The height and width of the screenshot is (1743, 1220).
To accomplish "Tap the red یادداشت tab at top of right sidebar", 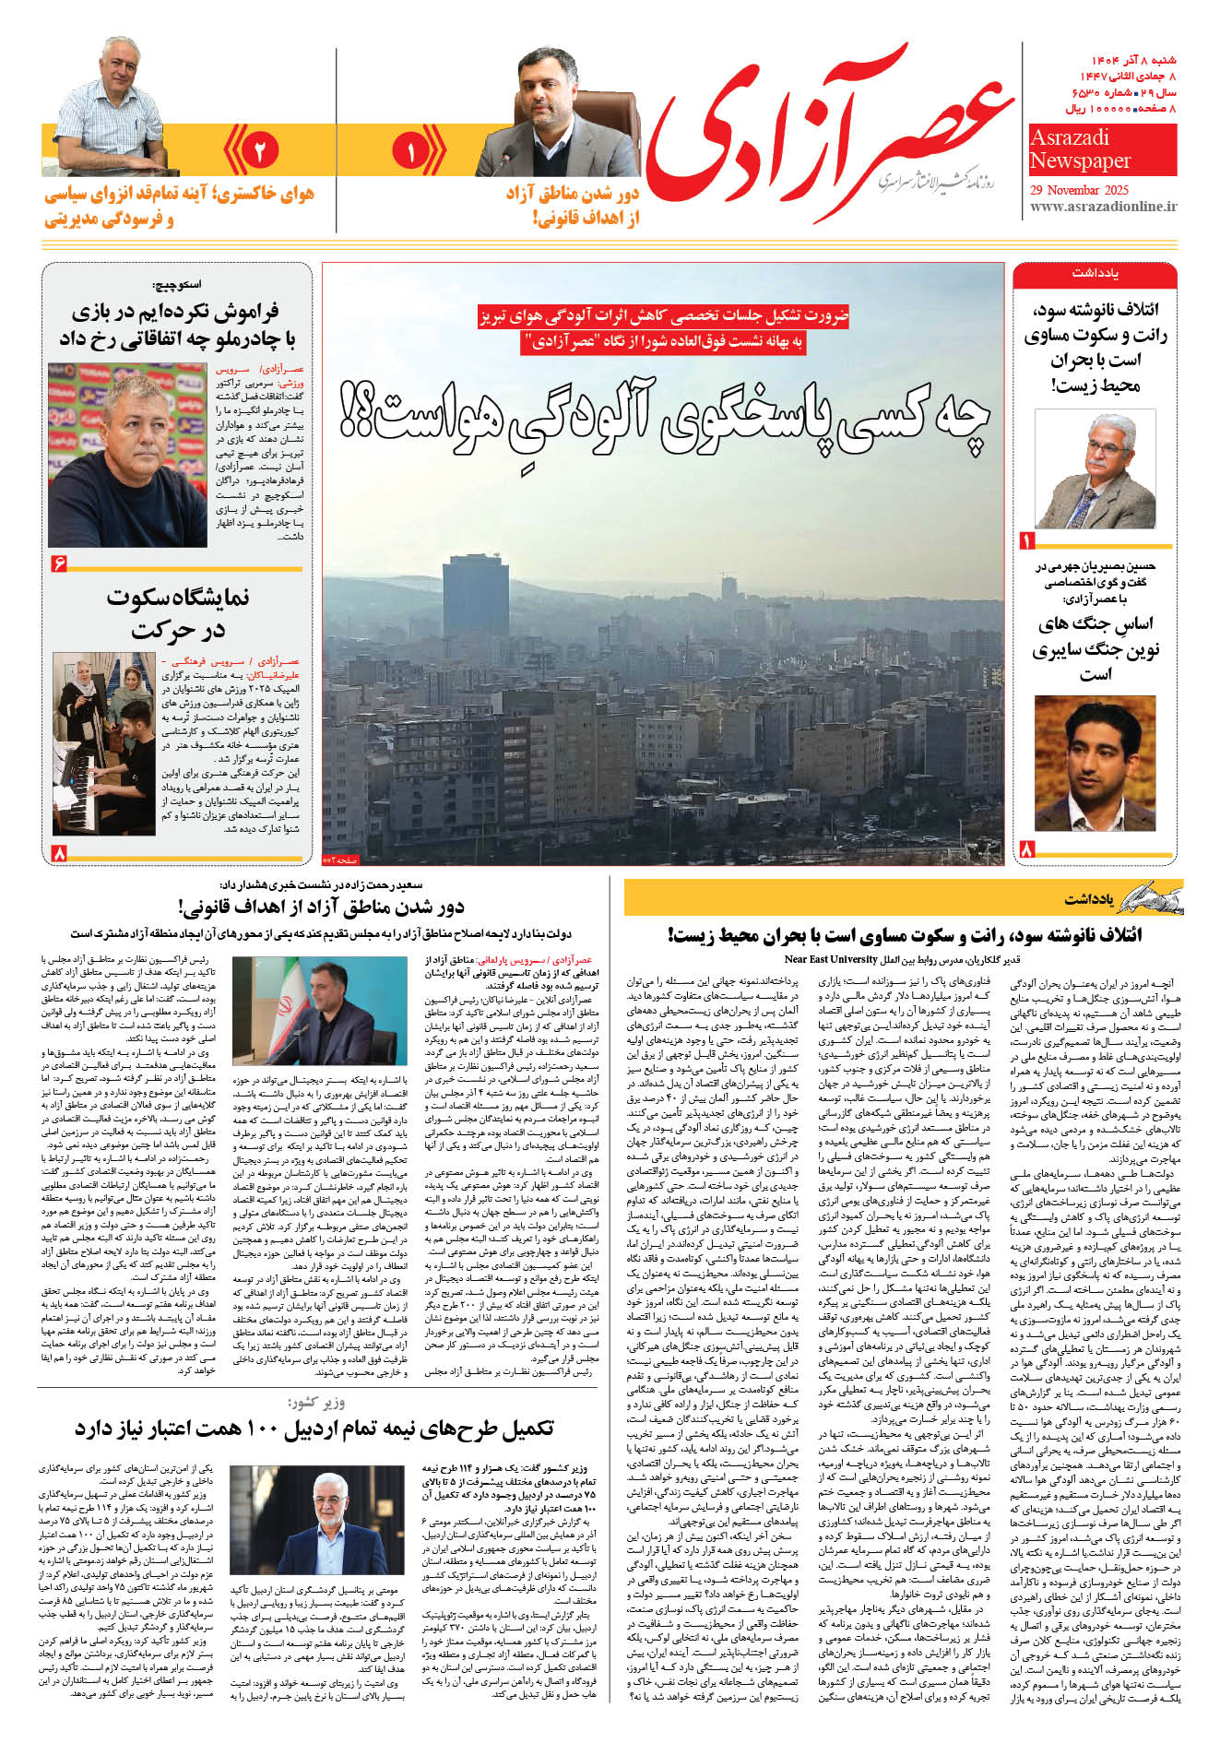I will [x=1095, y=274].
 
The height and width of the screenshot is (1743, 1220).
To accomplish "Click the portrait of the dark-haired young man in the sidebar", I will [x=1095, y=765].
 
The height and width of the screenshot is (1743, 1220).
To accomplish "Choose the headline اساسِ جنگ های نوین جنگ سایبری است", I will [x=1095, y=649].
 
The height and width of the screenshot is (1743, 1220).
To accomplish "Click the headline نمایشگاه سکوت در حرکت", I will [x=177, y=613].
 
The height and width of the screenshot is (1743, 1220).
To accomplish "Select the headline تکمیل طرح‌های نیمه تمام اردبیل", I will [x=314, y=1429].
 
